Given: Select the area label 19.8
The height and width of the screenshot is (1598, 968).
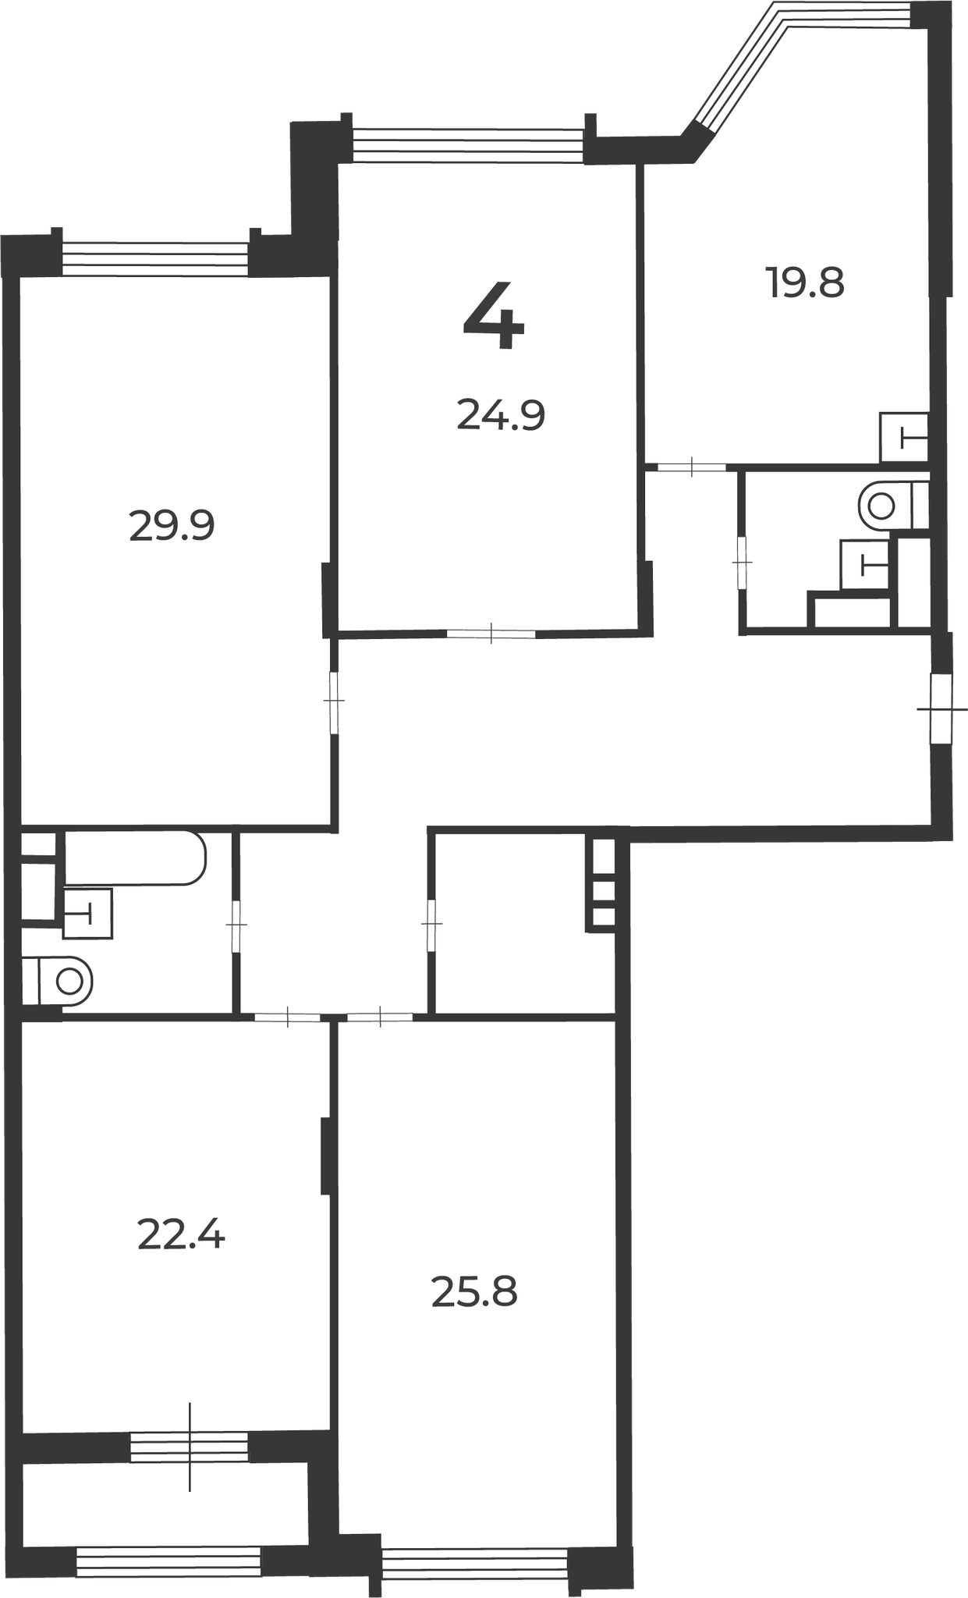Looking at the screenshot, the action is point(805,282).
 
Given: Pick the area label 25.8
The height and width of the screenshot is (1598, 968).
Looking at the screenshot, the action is point(474,1292).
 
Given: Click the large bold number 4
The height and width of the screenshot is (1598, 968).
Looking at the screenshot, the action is point(494,315).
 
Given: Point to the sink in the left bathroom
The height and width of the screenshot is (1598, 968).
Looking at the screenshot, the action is point(87,913).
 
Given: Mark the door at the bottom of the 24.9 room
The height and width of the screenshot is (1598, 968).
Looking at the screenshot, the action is point(491,633).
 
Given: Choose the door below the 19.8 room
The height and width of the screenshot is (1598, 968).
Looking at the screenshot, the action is point(692,467).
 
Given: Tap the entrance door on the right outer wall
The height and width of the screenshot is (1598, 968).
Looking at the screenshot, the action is point(941,709).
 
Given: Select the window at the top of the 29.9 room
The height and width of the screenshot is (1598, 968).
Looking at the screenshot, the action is point(155,259).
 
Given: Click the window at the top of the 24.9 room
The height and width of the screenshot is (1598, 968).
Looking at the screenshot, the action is point(468,145).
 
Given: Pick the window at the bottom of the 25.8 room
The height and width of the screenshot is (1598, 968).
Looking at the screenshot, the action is point(475,1562).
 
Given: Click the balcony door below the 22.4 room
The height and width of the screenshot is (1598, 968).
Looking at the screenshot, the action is point(190,1447).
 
